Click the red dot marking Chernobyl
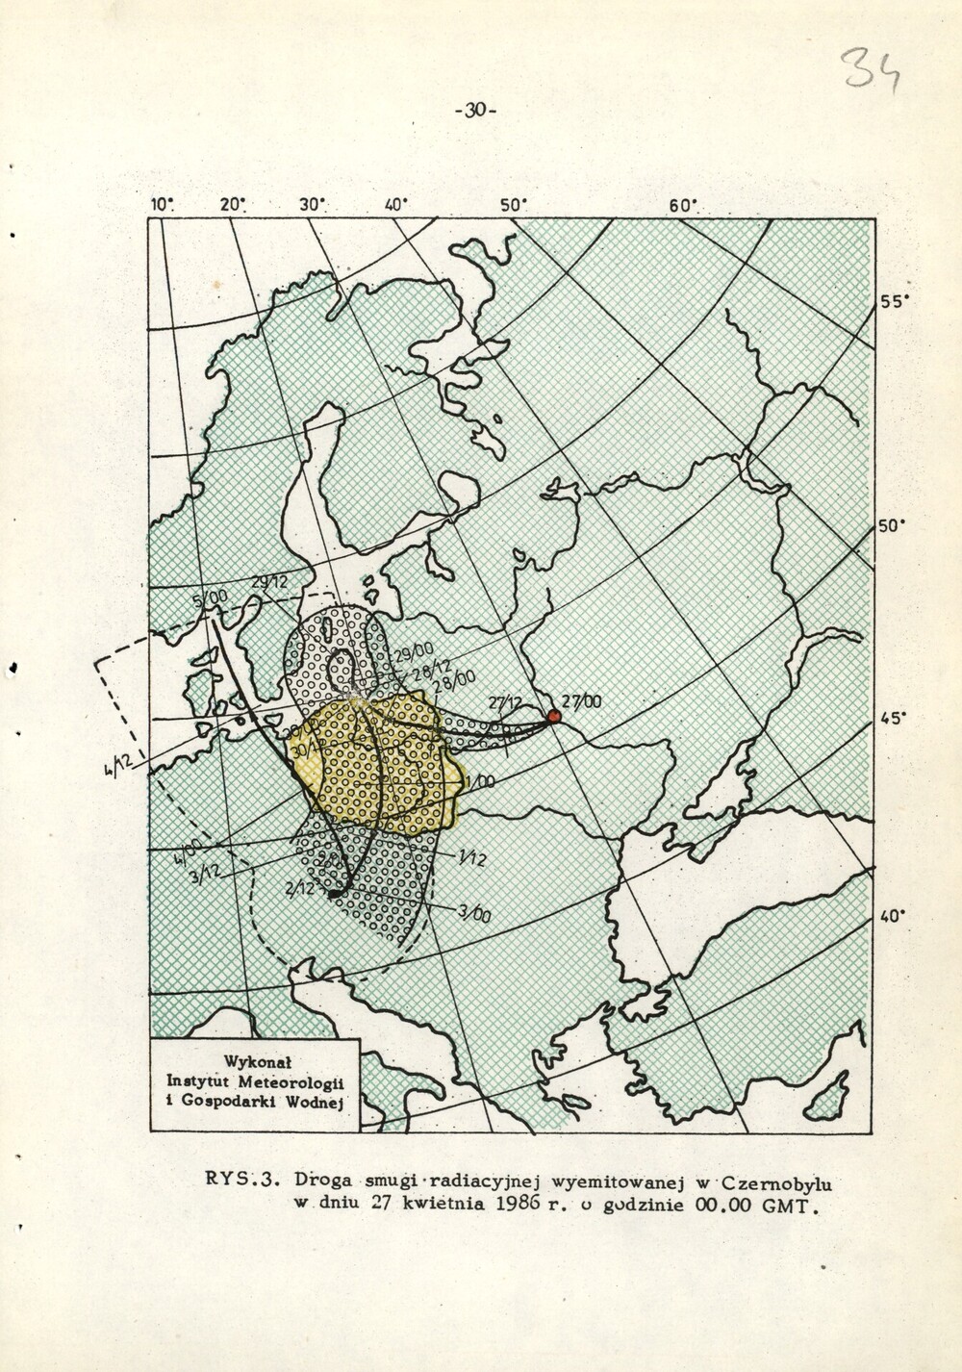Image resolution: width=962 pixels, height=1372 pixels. coord(553,716)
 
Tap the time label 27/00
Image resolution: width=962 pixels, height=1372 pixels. coord(583,702)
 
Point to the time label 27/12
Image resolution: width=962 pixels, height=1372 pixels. coord(505,703)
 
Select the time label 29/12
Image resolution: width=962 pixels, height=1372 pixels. coord(270,582)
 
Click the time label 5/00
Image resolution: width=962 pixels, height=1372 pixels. coord(210,599)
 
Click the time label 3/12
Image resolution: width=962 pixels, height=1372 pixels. coord(206,872)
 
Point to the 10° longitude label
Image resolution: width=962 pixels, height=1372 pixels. coord(163,204)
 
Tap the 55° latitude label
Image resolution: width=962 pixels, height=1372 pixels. coord(894,301)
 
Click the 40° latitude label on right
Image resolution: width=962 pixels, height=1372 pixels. coord(894,916)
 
